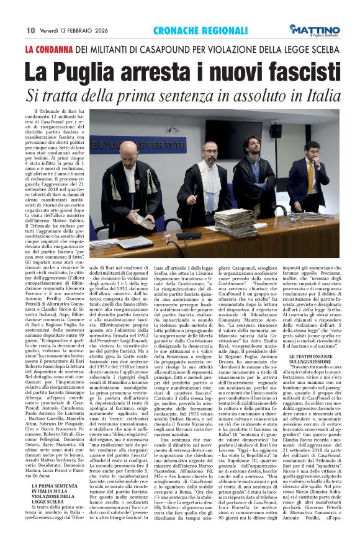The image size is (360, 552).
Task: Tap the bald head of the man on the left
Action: point(130,148)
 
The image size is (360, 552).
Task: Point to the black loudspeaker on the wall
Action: point(275,131)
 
